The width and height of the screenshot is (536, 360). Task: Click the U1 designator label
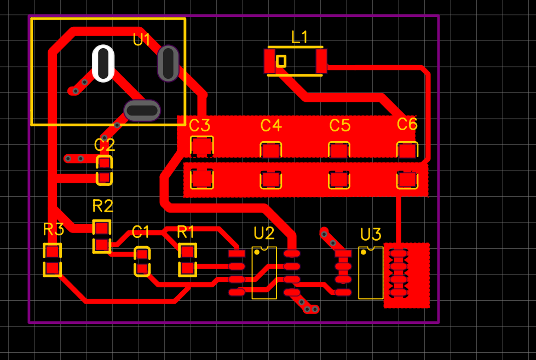142,39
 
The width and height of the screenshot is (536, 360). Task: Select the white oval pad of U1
103,63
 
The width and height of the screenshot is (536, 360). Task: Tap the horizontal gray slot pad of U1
142,110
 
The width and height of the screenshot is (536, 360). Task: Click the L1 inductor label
299,37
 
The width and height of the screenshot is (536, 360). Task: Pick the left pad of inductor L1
270,61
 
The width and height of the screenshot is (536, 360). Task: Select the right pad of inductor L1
321,61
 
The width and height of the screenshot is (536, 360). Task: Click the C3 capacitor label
199,126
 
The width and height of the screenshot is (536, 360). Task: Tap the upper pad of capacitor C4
270,150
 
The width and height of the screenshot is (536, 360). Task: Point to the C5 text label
339,126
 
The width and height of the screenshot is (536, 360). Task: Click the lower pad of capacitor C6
407,179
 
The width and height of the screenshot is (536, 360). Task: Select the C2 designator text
105,145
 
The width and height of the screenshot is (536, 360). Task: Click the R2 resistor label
103,206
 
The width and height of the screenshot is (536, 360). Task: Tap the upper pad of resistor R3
52,252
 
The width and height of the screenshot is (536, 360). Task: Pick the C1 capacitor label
141,232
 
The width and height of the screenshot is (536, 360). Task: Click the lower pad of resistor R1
187,268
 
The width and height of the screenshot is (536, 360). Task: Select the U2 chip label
264,234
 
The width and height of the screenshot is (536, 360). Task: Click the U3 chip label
371,235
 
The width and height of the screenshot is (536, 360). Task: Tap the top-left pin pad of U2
237,253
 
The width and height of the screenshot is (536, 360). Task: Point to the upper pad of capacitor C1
142,255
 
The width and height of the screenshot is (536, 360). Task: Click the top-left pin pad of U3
343,253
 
